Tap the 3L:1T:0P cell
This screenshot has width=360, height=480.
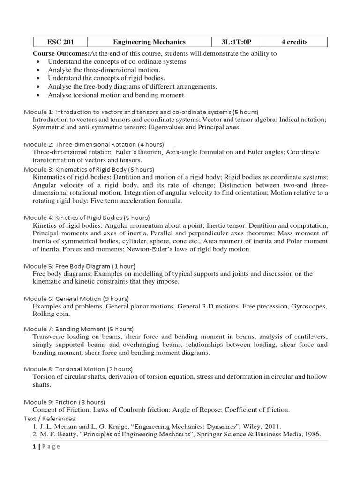(x=236, y=42)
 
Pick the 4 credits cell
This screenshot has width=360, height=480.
(x=294, y=42)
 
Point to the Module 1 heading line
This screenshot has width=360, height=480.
(x=141, y=112)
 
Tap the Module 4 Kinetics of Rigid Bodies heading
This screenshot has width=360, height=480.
(x=87, y=217)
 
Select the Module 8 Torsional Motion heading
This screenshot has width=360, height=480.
(x=78, y=369)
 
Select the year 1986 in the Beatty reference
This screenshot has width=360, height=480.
(x=310, y=434)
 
